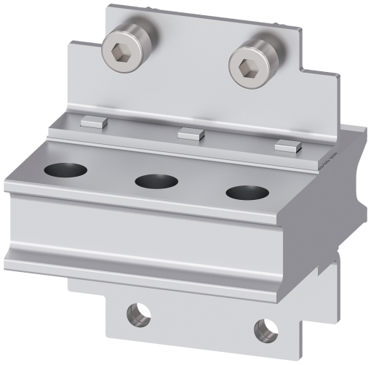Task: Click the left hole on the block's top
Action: pos(65,172)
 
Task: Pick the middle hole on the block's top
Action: pos(155,182)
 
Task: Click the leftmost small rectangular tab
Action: pos(92,121)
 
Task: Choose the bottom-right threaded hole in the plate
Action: pos(263,329)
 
